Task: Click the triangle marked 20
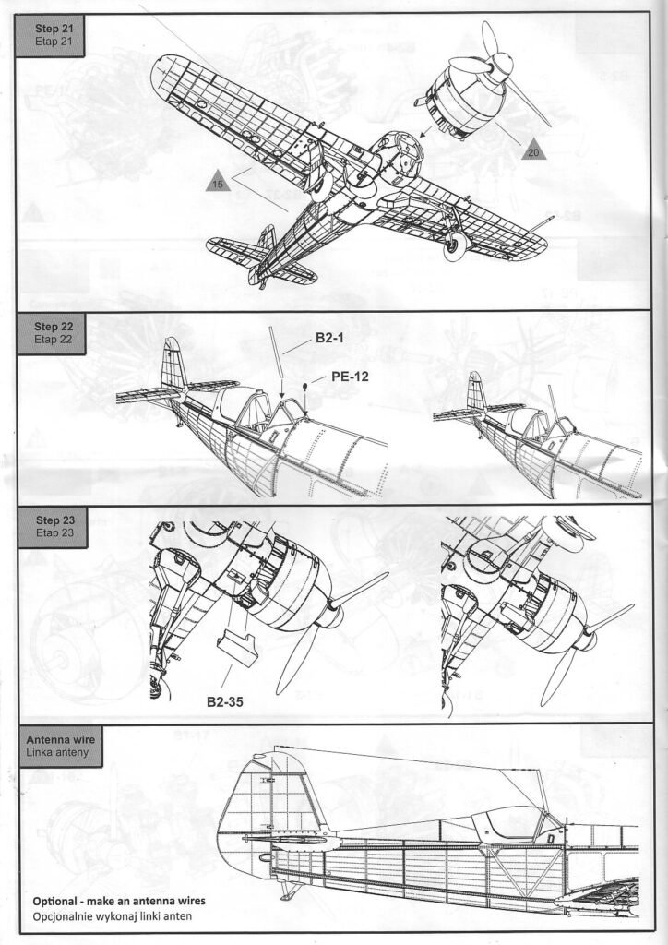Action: click(x=534, y=150)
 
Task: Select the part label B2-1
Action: click(x=329, y=340)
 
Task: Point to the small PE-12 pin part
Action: click(x=305, y=387)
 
